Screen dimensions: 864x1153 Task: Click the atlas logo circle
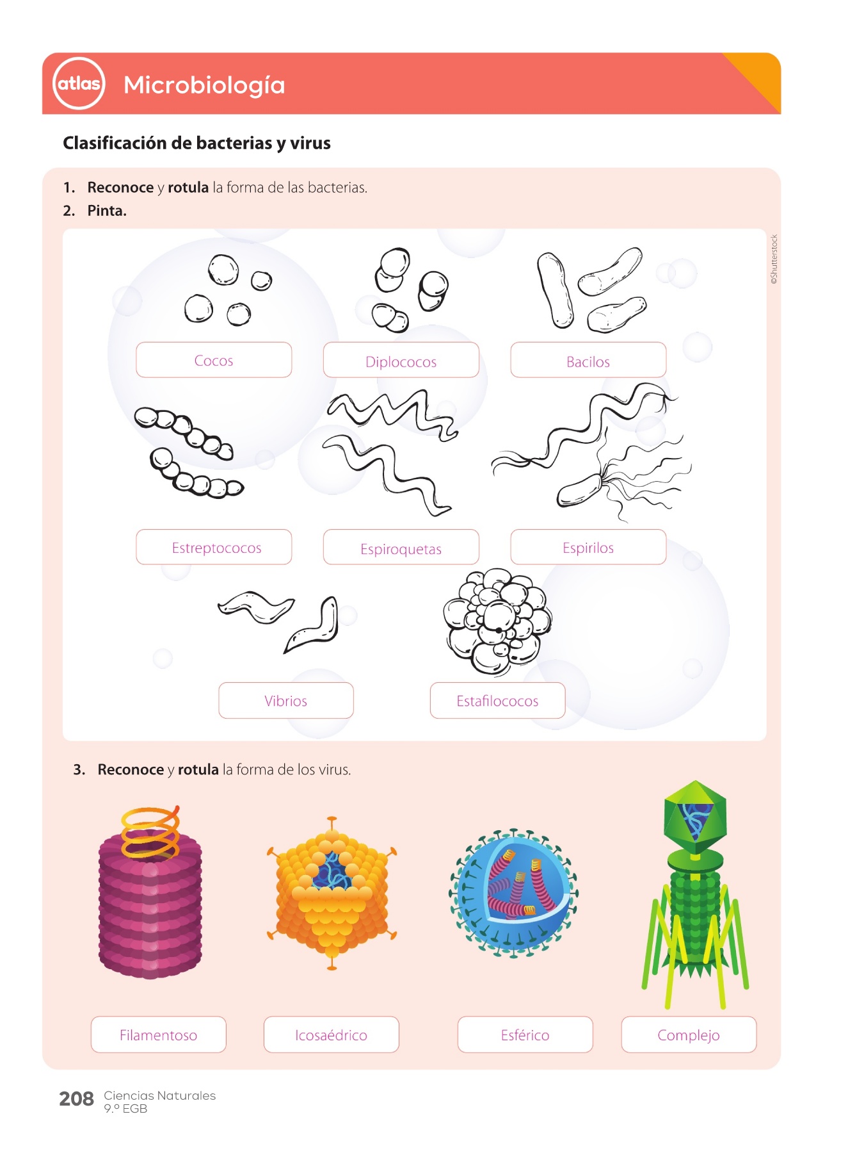(79, 83)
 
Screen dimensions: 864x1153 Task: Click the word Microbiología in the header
(204, 85)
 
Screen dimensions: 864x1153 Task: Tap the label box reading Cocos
(214, 360)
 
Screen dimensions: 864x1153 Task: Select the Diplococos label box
(401, 360)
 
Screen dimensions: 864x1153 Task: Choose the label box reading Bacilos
(588, 360)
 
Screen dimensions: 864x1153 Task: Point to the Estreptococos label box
(214, 547)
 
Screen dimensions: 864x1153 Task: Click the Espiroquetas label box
(401, 547)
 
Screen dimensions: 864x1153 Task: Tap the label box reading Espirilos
(588, 547)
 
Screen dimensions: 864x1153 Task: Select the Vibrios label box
(286, 701)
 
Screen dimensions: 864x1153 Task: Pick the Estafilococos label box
(497, 701)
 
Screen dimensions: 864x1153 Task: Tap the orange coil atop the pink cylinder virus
(150, 832)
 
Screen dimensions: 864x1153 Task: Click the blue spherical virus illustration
(513, 893)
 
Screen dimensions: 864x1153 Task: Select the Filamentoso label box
(159, 1034)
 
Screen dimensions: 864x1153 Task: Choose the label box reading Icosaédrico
(332, 1034)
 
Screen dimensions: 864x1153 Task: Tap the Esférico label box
(525, 1034)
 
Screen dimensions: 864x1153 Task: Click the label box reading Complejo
(689, 1034)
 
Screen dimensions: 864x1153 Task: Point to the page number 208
(77, 1099)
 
